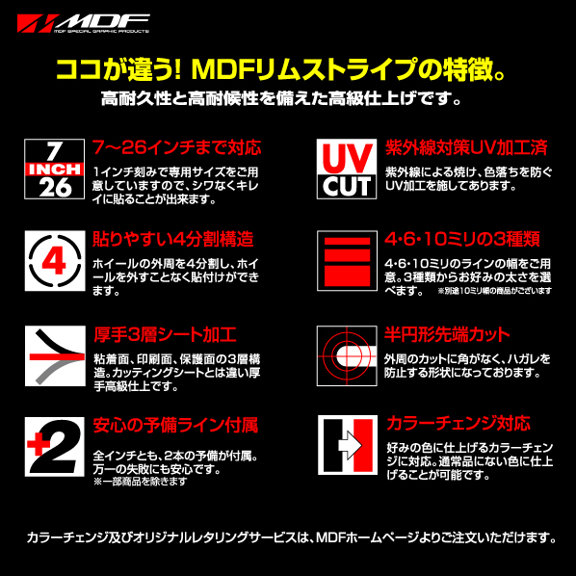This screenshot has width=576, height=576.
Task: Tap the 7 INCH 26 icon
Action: (54, 169)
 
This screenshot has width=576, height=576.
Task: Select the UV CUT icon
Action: (346, 169)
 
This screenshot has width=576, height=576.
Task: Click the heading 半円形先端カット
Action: (447, 334)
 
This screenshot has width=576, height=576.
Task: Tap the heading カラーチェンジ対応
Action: (458, 423)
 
